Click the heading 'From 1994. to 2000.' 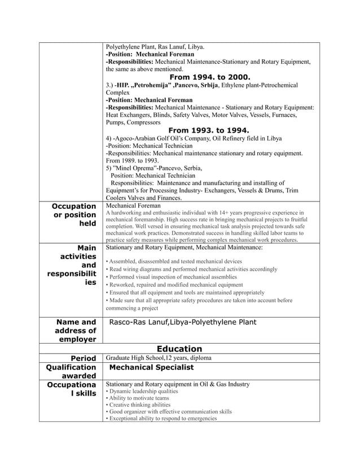(210, 77)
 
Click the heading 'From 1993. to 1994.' (210, 131)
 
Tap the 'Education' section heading (179, 349)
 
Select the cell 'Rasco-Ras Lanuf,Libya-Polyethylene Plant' (182, 322)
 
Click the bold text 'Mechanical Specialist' (151, 367)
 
